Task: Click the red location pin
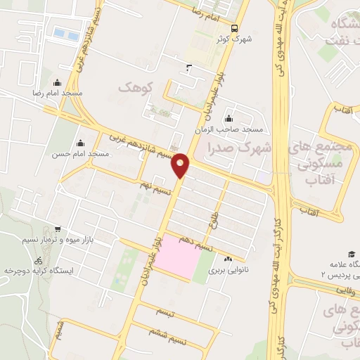[x=181, y=165]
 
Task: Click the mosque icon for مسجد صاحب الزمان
[x=229, y=118]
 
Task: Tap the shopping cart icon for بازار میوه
[x=57, y=229]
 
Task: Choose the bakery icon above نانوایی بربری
[x=228, y=258]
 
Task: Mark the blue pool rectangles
[x=65, y=32]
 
